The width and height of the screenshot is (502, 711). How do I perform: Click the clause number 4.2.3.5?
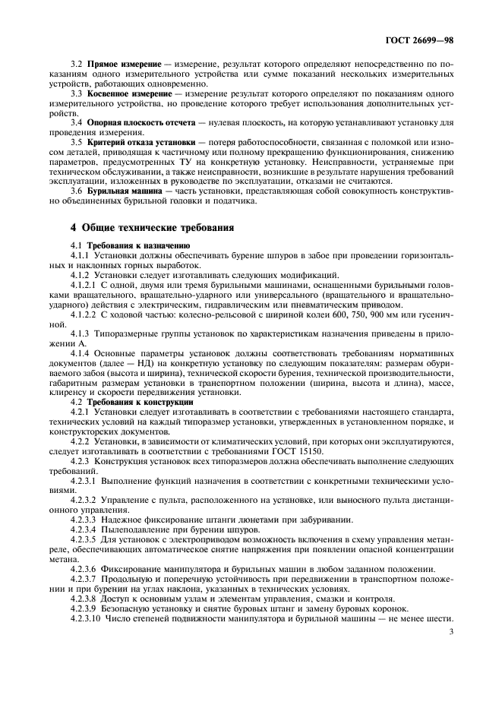click(84, 538)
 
